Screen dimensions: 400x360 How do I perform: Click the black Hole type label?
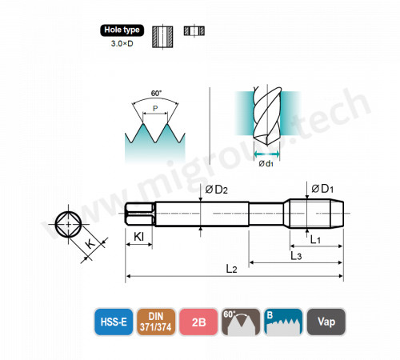pos(122,30)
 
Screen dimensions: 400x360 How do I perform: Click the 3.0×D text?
pos(122,43)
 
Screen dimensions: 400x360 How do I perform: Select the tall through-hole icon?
pos(162,37)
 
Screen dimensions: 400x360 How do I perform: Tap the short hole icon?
pos(194,30)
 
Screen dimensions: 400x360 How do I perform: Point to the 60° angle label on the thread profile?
pos(156,94)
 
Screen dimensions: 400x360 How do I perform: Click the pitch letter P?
pos(155,108)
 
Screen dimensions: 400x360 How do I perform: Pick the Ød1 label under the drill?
pos(266,163)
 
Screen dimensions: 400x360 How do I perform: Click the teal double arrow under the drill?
pos(266,154)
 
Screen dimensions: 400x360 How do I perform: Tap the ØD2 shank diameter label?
pos(216,190)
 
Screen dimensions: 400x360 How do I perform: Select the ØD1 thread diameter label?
pos(322,189)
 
